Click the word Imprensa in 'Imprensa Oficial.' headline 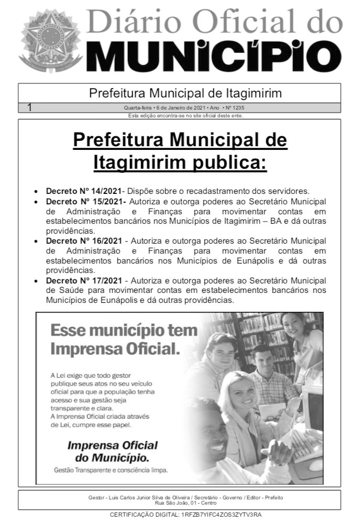(84, 348)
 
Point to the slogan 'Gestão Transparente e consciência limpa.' (111, 471)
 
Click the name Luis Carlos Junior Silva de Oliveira (138, 497)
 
